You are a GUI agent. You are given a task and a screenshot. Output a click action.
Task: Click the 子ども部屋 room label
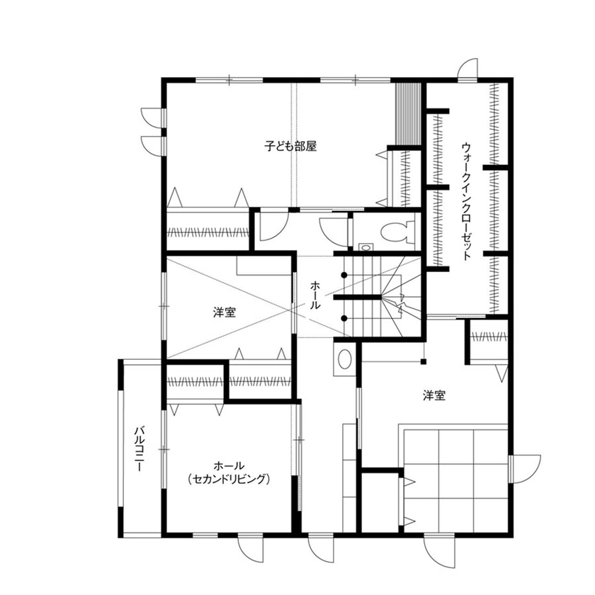tap(290, 147)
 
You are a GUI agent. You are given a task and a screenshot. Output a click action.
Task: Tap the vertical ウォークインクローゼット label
tap(466, 202)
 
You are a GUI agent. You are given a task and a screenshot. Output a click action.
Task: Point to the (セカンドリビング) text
tap(229, 480)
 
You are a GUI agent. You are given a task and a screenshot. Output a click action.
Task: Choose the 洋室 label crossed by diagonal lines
tap(225, 312)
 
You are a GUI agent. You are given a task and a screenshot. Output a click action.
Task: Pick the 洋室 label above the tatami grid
tap(434, 396)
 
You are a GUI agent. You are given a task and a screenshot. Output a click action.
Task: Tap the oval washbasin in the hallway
tap(344, 359)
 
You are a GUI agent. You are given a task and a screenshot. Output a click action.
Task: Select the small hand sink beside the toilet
tap(364, 247)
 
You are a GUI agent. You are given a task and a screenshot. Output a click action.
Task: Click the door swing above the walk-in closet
tap(468, 68)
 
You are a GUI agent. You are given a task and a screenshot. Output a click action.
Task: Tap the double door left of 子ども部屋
tap(152, 130)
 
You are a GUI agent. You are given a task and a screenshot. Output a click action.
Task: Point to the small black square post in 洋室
tap(423, 363)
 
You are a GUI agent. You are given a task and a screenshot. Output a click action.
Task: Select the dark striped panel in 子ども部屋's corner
tap(407, 113)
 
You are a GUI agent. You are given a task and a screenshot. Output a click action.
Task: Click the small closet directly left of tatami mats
tap(378, 499)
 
